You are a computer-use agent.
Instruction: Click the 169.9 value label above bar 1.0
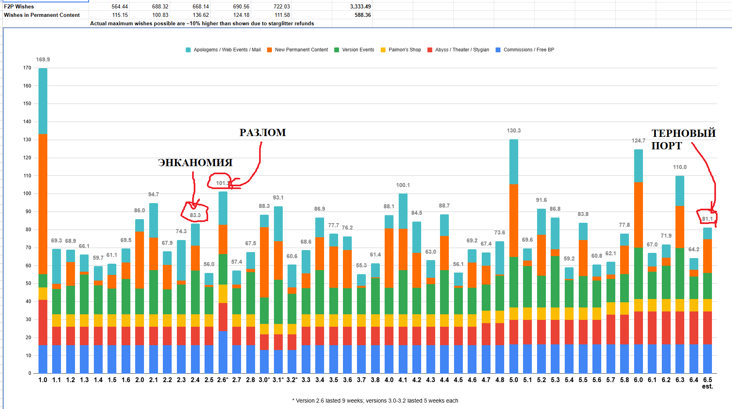point(43,59)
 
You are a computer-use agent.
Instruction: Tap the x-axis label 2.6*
point(223,380)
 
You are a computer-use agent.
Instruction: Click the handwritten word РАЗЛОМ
point(263,132)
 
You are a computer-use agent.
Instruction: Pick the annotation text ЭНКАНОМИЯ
point(195,163)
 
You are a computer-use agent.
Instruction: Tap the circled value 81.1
point(707,219)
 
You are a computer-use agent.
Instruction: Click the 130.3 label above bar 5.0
point(514,130)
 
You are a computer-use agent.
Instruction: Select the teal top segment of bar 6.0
point(639,166)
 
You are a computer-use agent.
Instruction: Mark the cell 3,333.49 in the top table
point(360,6)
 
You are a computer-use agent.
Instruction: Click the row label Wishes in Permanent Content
point(42,15)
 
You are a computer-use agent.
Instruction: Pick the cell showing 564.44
point(120,6)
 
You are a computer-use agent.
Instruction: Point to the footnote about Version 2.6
point(375,401)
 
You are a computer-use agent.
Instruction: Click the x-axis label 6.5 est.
point(708,383)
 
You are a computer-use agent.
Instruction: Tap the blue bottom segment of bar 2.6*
point(223,352)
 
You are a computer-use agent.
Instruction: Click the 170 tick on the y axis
point(27,68)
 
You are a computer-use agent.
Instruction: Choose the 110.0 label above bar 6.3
point(680,167)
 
